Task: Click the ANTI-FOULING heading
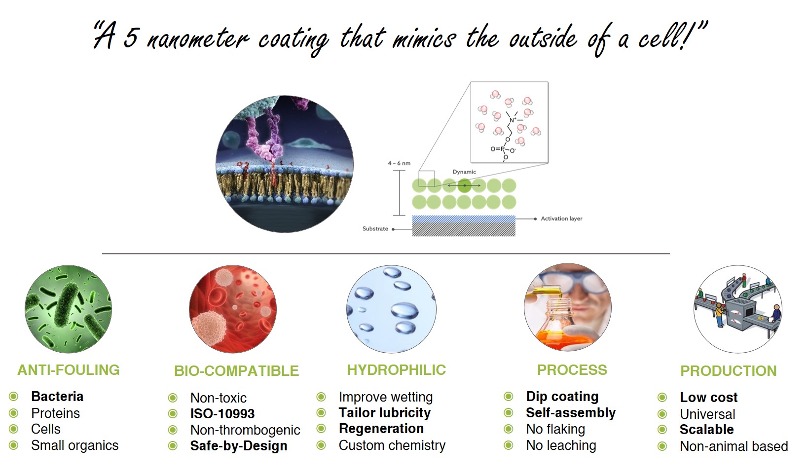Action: coord(69,370)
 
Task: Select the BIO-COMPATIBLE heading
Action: coord(237,371)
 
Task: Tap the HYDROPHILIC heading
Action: coord(397,370)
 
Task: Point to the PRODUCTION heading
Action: coord(728,371)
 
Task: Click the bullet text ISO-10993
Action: coord(222,414)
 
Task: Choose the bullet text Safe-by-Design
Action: coord(239,446)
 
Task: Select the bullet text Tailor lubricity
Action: coord(385,413)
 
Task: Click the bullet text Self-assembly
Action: coord(571,413)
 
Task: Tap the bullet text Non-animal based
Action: coord(734,446)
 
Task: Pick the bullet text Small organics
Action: coord(74,446)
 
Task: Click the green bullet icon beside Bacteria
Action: coord(14,397)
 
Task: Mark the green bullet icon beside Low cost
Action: coord(662,398)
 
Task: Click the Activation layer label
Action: coord(562,219)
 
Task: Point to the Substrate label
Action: coord(375,228)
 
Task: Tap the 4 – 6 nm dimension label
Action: coord(399,163)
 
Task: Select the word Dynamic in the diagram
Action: coord(464,172)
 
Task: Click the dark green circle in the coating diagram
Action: coord(464,185)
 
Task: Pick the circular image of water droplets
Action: coord(391,309)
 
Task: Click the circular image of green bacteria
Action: coord(68,309)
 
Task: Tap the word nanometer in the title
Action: coord(198,39)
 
